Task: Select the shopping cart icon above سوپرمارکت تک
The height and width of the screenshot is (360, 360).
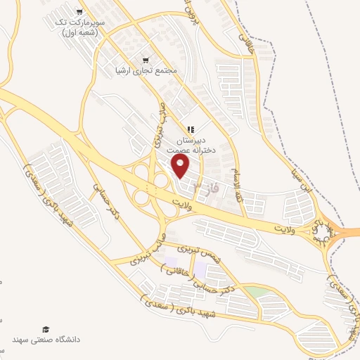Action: pos(79,11)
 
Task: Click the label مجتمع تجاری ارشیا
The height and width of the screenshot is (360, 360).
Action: pos(146,72)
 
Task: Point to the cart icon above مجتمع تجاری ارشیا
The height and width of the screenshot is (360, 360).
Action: pos(146,59)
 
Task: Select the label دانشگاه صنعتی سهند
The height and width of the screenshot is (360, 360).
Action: pos(46,340)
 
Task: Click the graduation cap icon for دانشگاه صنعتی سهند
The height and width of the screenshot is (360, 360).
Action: pos(46,329)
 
